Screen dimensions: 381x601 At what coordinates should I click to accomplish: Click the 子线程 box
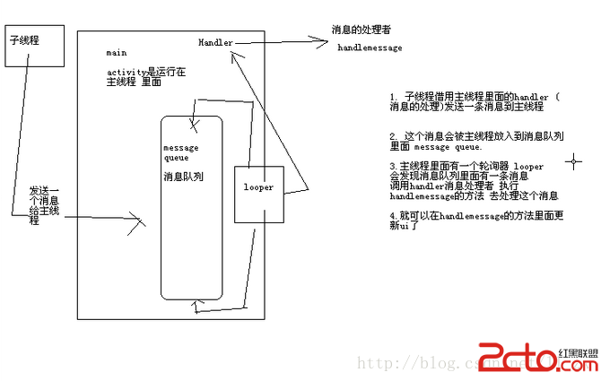click(x=35, y=45)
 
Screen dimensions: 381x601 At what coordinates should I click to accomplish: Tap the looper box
click(x=258, y=194)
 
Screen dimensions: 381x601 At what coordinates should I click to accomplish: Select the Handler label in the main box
click(x=216, y=42)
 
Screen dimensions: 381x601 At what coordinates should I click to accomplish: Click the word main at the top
click(x=116, y=55)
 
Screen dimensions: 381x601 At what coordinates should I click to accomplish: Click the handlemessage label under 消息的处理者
click(x=370, y=47)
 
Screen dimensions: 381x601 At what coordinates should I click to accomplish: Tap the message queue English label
click(x=180, y=152)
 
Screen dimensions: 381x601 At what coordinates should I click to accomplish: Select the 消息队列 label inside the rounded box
click(x=183, y=177)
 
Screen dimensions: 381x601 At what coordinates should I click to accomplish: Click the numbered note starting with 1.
click(x=474, y=100)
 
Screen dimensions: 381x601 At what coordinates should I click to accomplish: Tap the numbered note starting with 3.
click(x=474, y=180)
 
